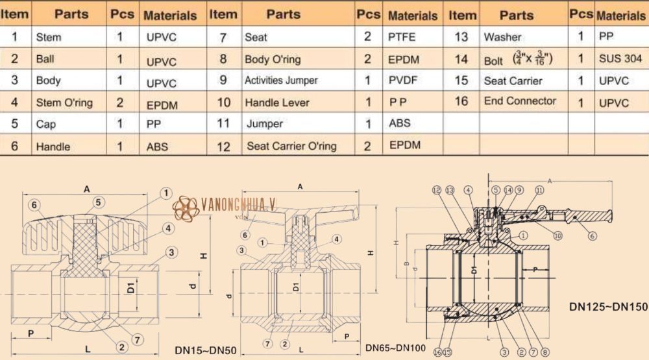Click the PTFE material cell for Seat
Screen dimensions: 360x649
tap(402, 38)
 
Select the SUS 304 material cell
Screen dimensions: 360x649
tap(620, 58)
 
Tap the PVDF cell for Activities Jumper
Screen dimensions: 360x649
tap(403, 81)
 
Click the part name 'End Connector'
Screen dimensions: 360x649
tap(520, 101)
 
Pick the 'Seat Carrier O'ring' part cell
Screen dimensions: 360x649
tap(291, 146)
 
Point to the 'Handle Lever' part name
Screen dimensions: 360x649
tap(277, 102)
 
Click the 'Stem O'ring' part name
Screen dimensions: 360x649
tap(64, 102)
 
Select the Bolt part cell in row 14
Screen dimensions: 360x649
tap(518, 59)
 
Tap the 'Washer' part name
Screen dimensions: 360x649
tap(502, 38)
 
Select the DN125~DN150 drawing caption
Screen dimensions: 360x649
tap(608, 306)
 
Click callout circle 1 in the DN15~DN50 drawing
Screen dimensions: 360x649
tap(165, 193)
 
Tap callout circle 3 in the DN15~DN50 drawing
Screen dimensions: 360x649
tap(171, 252)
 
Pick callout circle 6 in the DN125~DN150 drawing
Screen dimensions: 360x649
tap(591, 236)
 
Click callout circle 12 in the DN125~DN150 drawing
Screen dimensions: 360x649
tap(436, 190)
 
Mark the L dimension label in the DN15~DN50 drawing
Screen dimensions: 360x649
tap(87, 349)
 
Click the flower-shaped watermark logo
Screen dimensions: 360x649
tap(187, 209)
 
